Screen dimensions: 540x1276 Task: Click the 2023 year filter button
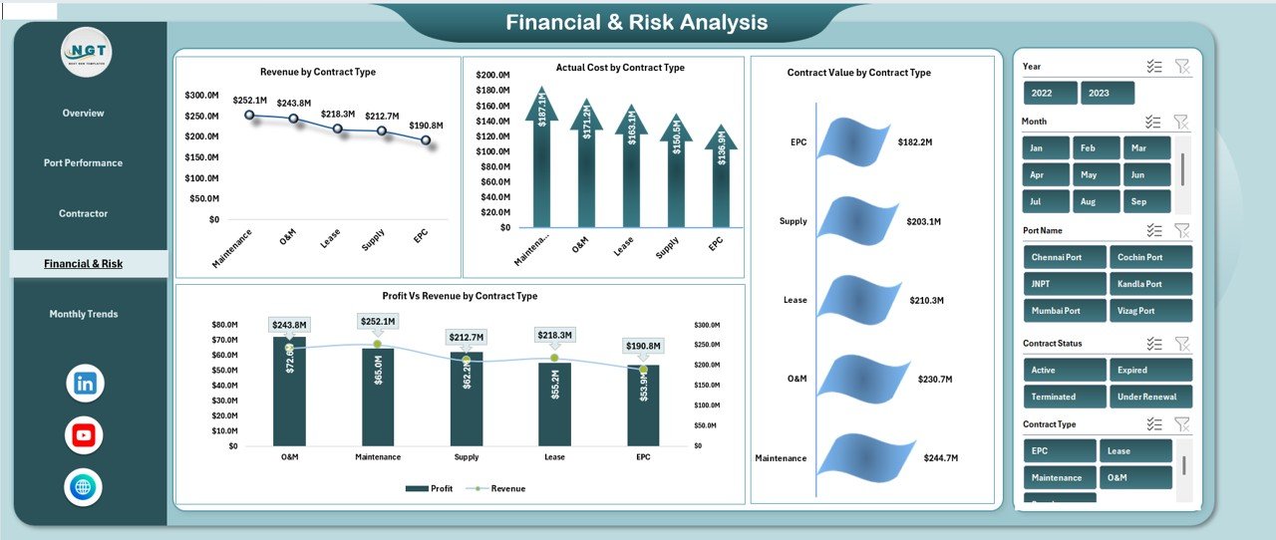(1108, 93)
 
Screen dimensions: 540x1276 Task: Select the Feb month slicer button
(1097, 147)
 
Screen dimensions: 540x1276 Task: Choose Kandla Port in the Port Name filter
(1150, 284)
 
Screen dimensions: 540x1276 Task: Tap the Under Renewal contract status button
(1150, 397)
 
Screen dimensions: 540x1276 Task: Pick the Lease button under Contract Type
(1134, 450)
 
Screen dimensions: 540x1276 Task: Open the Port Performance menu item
(83, 162)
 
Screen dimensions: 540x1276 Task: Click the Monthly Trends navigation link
(84, 314)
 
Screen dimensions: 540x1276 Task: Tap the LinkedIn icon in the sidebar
(85, 384)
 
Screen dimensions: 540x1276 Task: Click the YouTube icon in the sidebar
(84, 435)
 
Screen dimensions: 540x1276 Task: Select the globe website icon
(84, 487)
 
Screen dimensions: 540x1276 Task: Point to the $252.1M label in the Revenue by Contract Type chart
(249, 100)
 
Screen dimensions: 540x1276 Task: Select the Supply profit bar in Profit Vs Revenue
(466, 399)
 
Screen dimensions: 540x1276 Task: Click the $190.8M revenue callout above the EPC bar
(643, 346)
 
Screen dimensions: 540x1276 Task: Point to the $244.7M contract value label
(940, 458)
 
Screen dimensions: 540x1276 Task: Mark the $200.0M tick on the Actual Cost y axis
(493, 75)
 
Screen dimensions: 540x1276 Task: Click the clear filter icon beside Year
(1182, 66)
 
